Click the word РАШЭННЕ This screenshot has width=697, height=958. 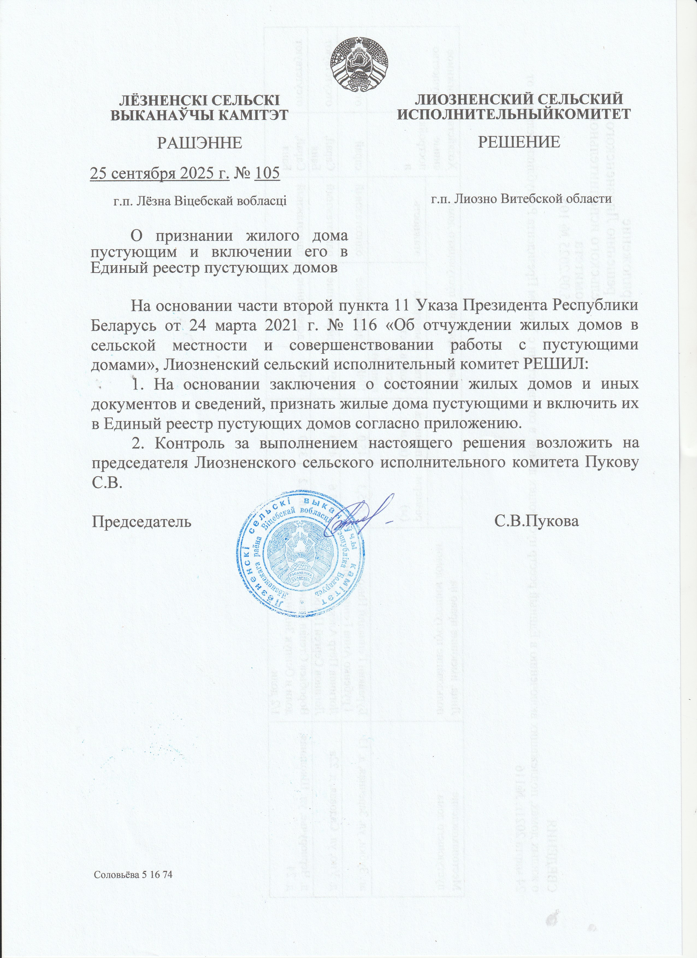click(x=199, y=143)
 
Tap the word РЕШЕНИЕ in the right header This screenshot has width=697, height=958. click(x=519, y=142)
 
